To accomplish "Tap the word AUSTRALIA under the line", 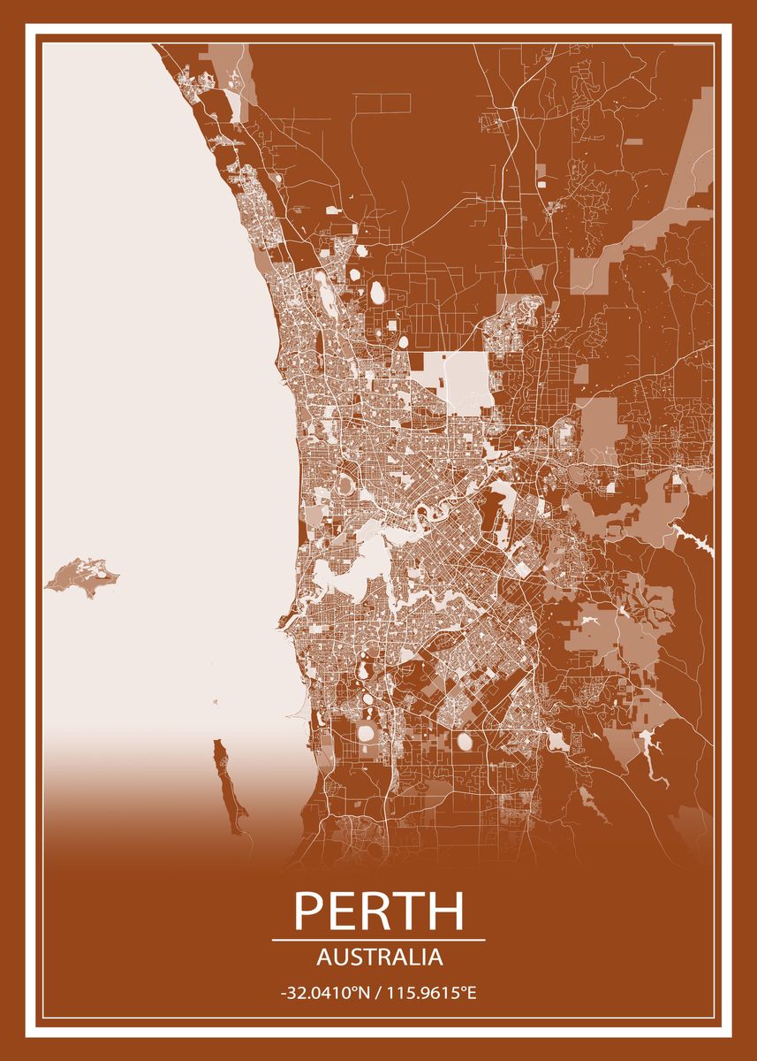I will point(378,957).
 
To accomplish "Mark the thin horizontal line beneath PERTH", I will point(378,940).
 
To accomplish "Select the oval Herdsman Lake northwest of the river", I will point(343,485).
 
